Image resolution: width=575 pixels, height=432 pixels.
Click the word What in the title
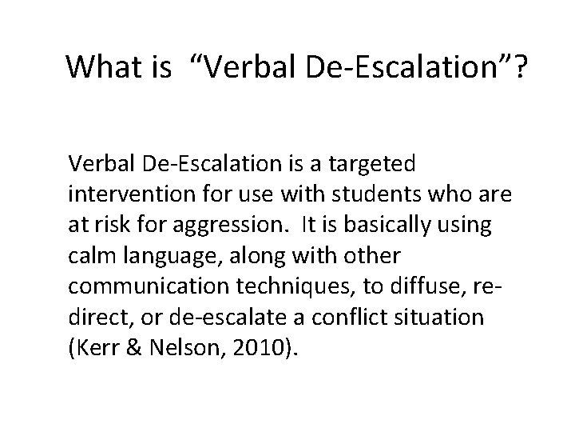pos(104,67)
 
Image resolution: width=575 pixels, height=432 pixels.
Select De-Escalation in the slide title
pos(387,67)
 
